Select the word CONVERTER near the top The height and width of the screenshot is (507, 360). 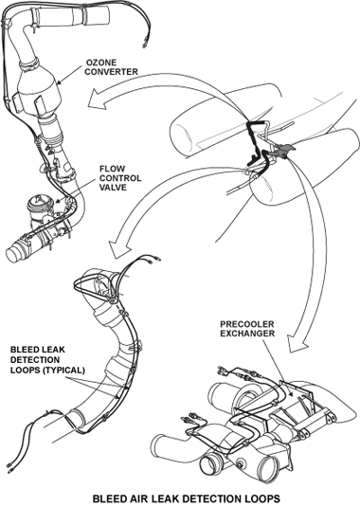pyautogui.click(x=111, y=71)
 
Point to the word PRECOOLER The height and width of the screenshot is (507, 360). pyautogui.click(x=247, y=324)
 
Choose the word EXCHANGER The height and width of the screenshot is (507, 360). pyautogui.click(x=247, y=333)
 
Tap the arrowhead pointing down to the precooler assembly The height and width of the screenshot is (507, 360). pyautogui.click(x=297, y=344)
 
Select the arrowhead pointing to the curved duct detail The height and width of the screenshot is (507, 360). pyautogui.click(x=118, y=249)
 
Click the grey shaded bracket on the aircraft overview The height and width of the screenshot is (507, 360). pyautogui.click(x=282, y=151)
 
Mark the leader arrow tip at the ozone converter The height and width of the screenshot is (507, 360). pyautogui.click(x=58, y=84)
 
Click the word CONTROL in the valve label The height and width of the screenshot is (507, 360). pyautogui.click(x=120, y=178)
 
